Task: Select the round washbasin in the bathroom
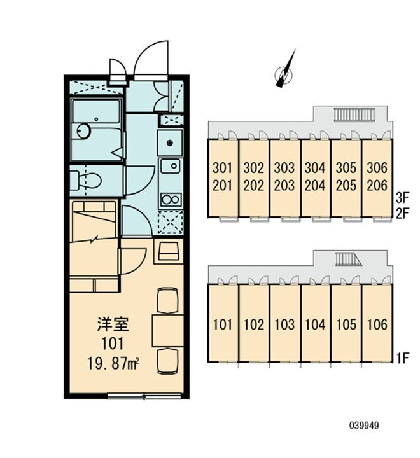click(x=84, y=130)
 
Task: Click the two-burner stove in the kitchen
click(x=171, y=200)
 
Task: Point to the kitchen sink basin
click(x=171, y=166)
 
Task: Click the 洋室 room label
click(x=113, y=324)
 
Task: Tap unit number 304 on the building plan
click(x=315, y=168)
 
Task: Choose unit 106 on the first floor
click(x=377, y=324)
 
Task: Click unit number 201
click(x=223, y=185)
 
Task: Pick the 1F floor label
click(x=402, y=357)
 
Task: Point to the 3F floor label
click(x=402, y=198)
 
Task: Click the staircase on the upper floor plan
click(x=354, y=114)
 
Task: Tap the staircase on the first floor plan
click(x=348, y=259)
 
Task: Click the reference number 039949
click(x=364, y=426)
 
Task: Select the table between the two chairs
click(x=168, y=330)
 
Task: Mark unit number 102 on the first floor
click(x=253, y=324)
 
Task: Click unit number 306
click(x=377, y=168)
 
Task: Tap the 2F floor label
click(x=402, y=214)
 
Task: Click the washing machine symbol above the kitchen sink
click(x=170, y=143)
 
